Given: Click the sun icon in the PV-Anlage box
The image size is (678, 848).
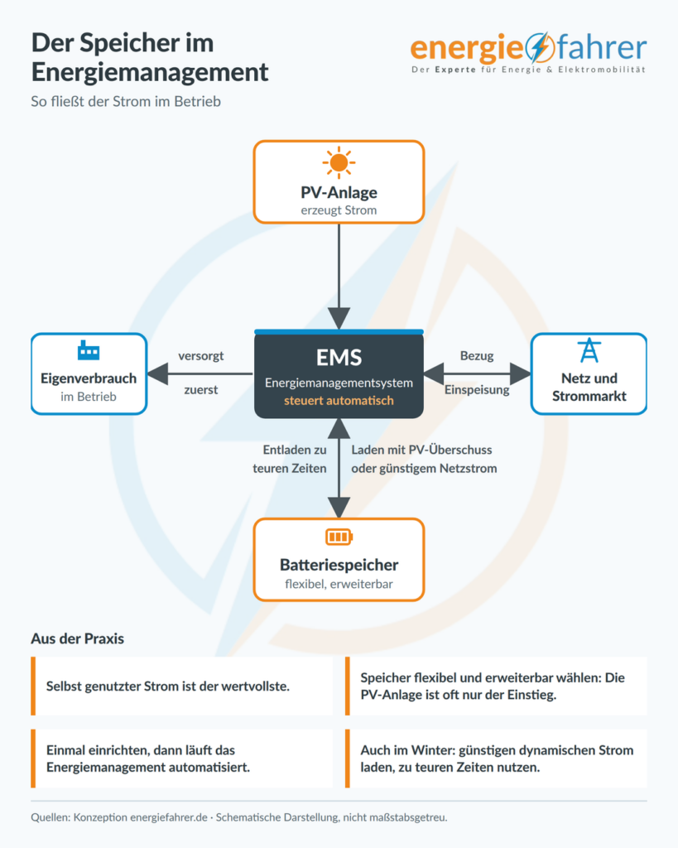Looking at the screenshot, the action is tap(339, 162).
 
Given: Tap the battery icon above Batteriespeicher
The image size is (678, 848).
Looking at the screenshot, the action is tap(339, 537).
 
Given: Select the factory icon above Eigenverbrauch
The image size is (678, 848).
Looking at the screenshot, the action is tap(88, 350).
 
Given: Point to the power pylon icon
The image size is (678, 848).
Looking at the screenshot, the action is tap(589, 350).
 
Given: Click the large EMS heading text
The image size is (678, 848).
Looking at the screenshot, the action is tap(339, 358).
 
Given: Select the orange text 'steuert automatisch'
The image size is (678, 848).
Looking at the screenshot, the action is tap(339, 401).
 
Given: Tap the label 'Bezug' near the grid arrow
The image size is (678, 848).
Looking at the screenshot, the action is tap(477, 356).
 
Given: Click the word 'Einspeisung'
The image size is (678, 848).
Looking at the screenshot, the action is tap(477, 390).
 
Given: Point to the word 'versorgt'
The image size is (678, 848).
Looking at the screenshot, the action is tap(201, 356).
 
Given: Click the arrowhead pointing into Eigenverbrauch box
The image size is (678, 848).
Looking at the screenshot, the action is tap(157, 373).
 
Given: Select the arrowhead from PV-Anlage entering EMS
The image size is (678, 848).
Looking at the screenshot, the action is tap(339, 319).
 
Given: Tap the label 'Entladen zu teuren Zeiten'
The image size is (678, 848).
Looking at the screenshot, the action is tap(290, 459).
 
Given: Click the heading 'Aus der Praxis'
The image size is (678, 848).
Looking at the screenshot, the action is tap(77, 638).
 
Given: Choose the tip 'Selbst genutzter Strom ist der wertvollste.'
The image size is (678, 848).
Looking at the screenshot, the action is tap(167, 687).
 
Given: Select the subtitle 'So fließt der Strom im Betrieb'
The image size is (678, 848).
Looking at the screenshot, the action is tap(126, 102).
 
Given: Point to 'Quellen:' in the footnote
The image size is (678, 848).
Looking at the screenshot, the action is tap(50, 817).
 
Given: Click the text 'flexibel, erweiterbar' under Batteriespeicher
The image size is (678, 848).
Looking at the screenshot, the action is tap(339, 584).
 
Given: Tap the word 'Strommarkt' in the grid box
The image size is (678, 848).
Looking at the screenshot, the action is tap(589, 396).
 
